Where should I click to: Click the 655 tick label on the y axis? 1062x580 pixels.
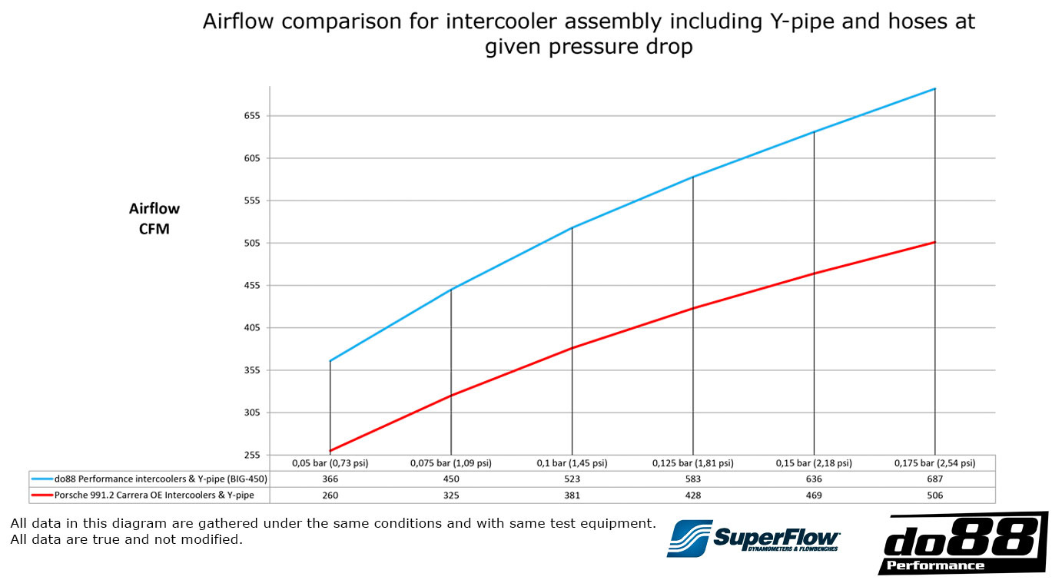click(x=252, y=116)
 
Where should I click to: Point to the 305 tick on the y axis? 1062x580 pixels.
click(x=252, y=413)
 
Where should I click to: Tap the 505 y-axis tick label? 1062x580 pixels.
click(x=252, y=243)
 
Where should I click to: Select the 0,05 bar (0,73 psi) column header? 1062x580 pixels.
click(x=330, y=463)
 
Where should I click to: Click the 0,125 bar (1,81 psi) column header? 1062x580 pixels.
click(x=692, y=463)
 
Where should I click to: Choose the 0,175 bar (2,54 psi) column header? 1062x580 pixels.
click(x=934, y=463)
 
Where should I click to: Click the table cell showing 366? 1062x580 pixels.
click(x=330, y=479)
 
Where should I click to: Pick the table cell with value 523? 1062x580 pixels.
click(x=572, y=479)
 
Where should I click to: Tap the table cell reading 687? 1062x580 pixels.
click(x=934, y=479)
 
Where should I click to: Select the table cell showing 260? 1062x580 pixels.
click(x=330, y=495)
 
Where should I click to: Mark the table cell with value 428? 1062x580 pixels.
click(x=692, y=495)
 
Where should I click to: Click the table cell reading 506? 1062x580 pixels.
click(x=934, y=495)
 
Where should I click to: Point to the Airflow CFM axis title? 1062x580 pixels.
click(x=154, y=218)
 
